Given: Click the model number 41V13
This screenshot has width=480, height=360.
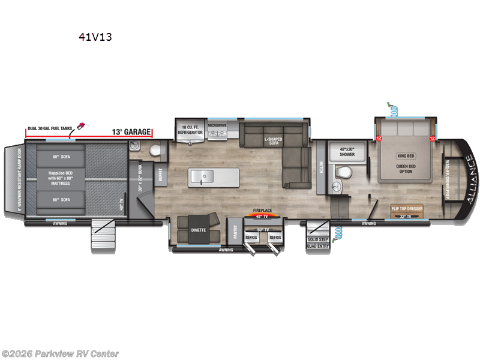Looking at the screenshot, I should pos(95,37).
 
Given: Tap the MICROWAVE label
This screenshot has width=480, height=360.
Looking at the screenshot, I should pos(216,125).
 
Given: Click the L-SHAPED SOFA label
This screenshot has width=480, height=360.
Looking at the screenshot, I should pos(273,141).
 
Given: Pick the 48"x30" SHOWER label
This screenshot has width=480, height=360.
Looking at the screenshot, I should pos(347,152).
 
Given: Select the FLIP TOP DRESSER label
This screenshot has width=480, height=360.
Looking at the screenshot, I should pos(407,208).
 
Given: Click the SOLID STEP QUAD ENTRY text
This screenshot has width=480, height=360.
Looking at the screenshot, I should pos(317,242).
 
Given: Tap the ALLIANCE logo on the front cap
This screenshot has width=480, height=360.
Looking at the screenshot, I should pos(467,176).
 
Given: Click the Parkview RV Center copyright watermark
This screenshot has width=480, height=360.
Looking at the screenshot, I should pos(60,353).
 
